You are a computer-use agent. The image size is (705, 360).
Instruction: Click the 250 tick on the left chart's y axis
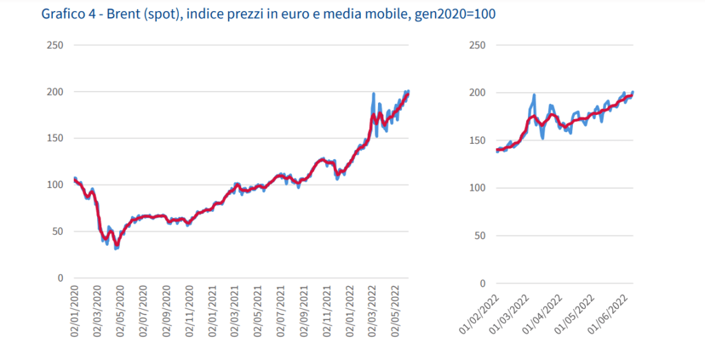[x=54, y=45]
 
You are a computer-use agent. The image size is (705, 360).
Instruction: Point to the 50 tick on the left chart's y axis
[x=57, y=231]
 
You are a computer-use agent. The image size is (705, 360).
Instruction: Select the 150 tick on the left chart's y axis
[x=54, y=138]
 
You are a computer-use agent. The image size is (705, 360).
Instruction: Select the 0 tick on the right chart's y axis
[x=482, y=283]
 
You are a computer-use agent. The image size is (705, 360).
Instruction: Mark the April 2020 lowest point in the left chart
[x=116, y=248]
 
